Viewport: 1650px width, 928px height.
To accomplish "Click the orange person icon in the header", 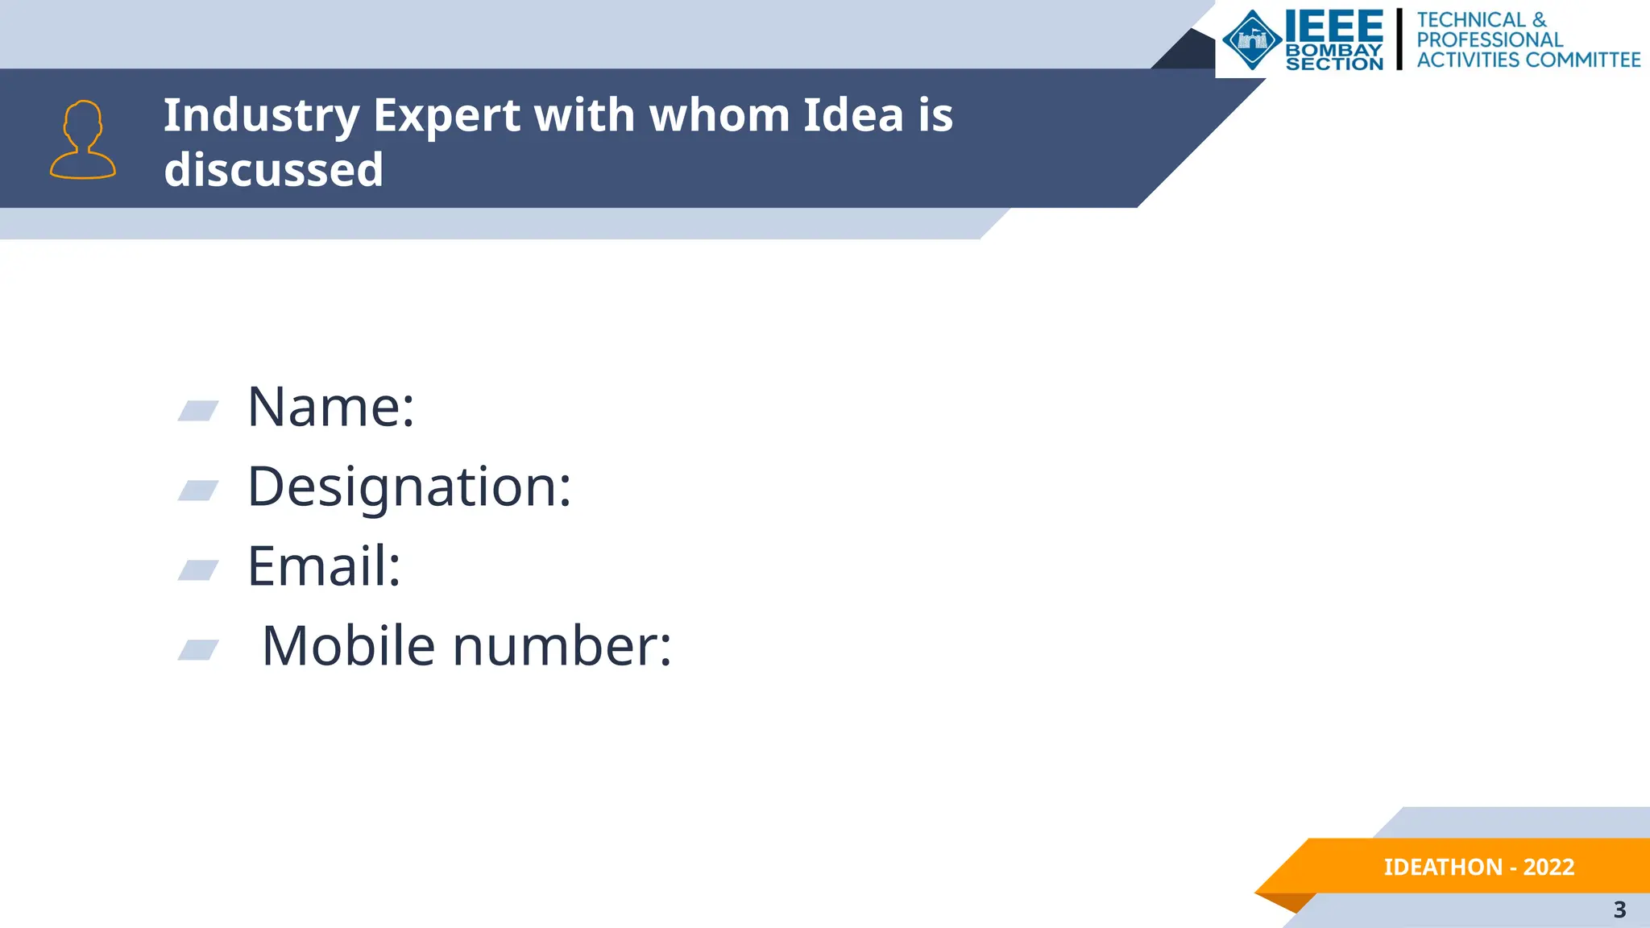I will pos(83,139).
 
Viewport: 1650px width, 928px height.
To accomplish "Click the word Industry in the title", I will pos(261,116).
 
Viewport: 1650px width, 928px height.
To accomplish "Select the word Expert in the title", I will pos(446,116).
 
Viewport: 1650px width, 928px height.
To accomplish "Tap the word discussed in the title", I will pos(274,170).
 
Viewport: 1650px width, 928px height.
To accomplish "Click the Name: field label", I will pos(330,406).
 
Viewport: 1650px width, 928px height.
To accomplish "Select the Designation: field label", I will pos(409,487).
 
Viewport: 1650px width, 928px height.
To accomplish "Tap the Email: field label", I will pos(324,565).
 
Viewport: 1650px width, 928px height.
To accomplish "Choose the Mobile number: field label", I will pos(466,646).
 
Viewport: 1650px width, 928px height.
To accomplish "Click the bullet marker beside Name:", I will pos(198,411).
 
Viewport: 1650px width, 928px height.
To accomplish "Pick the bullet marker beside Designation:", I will pos(198,490).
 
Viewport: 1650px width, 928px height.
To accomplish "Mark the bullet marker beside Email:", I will pos(198,570).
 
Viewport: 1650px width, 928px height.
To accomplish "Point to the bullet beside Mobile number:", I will pos(198,649).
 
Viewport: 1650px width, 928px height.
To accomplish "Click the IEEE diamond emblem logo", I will pos(1252,39).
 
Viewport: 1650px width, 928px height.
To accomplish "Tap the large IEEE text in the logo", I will pos(1333,27).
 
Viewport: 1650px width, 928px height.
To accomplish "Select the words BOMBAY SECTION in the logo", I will pos(1334,57).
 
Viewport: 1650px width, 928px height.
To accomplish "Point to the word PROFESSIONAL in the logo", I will pos(1490,39).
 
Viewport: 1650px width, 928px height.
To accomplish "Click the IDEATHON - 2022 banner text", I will pos(1478,867).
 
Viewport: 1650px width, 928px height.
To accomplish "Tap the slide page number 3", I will pos(1619,909).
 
